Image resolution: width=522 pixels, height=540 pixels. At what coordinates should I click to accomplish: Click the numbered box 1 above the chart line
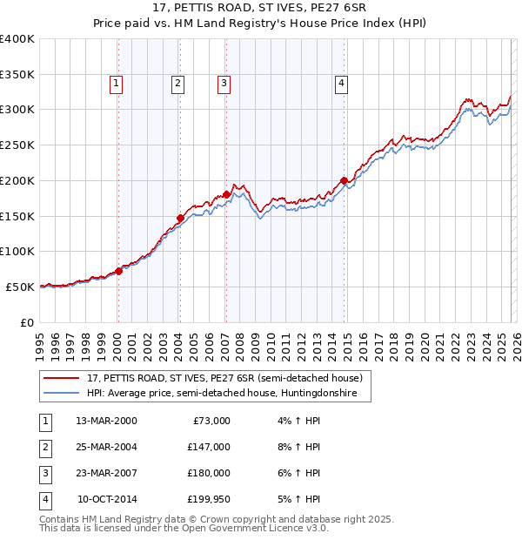tap(116, 84)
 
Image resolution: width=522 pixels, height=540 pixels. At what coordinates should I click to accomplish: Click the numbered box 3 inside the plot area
tap(224, 84)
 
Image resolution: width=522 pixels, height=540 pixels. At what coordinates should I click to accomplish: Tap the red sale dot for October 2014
tap(344, 181)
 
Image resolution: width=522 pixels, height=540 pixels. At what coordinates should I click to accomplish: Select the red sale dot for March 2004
tap(180, 219)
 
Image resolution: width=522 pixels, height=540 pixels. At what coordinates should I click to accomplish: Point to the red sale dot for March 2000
tap(118, 271)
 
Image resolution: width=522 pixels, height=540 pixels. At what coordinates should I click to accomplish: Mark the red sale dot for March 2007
tap(226, 194)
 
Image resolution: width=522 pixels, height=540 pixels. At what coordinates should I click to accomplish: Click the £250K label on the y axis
tap(17, 145)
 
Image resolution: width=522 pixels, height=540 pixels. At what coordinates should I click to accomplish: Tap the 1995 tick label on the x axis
tap(40, 343)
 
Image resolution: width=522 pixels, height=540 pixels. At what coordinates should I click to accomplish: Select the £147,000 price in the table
tap(208, 446)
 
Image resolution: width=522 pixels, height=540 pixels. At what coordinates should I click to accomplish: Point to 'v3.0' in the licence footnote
tap(315, 528)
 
